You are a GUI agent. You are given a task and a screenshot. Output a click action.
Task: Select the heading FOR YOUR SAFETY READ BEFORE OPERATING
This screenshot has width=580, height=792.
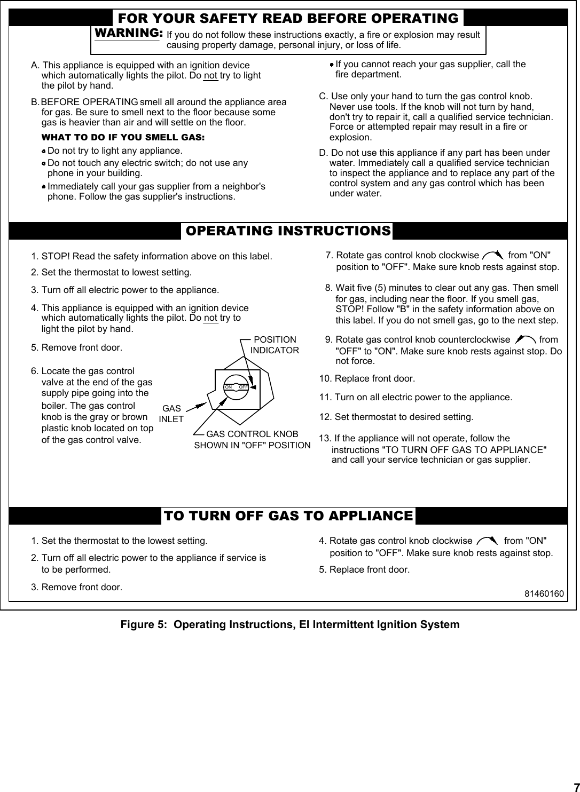point(288,19)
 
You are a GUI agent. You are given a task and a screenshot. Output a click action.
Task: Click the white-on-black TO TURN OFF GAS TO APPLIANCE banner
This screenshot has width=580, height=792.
point(288,516)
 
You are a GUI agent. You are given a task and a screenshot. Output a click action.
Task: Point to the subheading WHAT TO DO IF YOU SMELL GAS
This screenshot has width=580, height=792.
point(123,137)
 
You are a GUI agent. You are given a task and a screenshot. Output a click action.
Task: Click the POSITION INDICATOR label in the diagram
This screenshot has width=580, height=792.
point(275,345)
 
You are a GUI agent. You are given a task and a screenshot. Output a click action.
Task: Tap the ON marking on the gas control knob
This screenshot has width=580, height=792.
point(229,386)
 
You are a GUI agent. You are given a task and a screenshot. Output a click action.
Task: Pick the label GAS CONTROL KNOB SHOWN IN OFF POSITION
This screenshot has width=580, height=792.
point(252,440)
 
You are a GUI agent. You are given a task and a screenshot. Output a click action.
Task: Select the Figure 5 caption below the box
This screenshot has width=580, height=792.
point(289,624)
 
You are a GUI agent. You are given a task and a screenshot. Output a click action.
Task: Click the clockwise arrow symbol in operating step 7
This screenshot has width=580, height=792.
point(492,256)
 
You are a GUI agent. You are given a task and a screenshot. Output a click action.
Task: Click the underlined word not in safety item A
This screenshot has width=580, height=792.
point(210,75)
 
